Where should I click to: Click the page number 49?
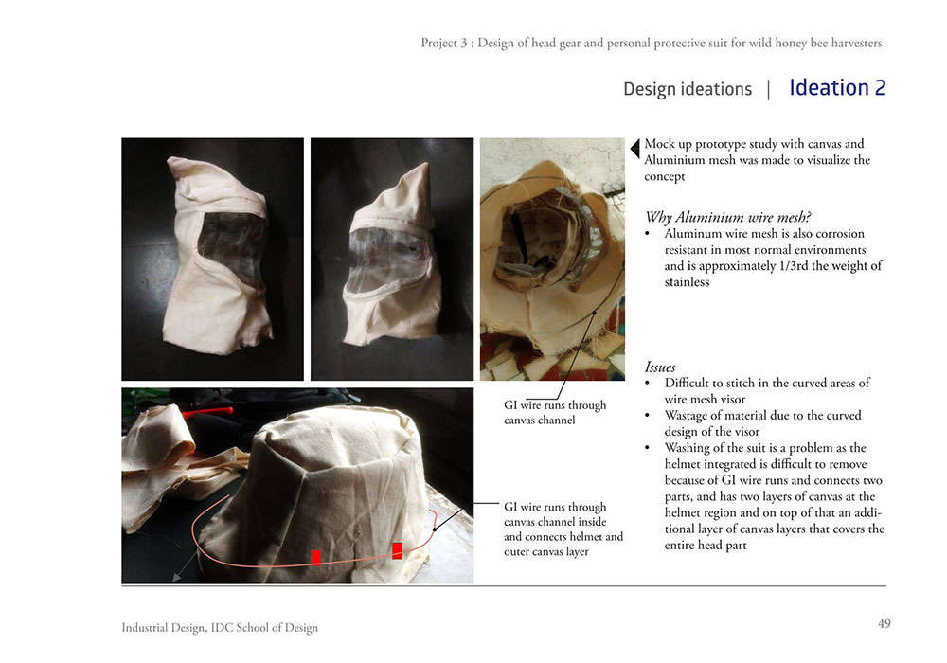tap(884, 624)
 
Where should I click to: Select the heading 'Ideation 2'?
tap(838, 87)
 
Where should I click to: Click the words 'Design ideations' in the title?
tap(688, 89)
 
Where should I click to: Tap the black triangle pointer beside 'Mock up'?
tap(634, 148)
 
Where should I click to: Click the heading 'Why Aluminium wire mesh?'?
tap(727, 217)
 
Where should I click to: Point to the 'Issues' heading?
tap(660, 367)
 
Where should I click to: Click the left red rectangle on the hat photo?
tap(316, 558)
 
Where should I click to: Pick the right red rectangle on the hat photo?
tap(397, 550)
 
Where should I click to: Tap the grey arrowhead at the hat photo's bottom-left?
tap(177, 577)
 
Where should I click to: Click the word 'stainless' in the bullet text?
tap(687, 282)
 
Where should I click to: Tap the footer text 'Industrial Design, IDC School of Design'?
tap(220, 628)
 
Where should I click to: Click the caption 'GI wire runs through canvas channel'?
tap(555, 412)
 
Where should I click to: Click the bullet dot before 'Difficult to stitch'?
tap(648, 384)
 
